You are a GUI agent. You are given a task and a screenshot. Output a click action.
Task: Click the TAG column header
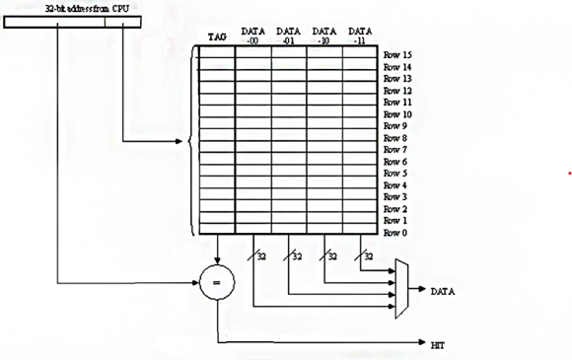coord(217,37)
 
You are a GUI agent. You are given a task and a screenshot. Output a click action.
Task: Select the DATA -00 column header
coord(252,36)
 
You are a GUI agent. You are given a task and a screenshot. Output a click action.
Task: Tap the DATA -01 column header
coord(289,36)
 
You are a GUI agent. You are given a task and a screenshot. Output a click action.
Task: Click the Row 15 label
coord(397,54)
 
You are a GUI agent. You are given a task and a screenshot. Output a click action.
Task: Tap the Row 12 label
coord(397,90)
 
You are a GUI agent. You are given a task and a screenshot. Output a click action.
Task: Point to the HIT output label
coord(439,345)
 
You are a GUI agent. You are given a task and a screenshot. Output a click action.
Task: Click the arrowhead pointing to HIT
coord(422,344)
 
